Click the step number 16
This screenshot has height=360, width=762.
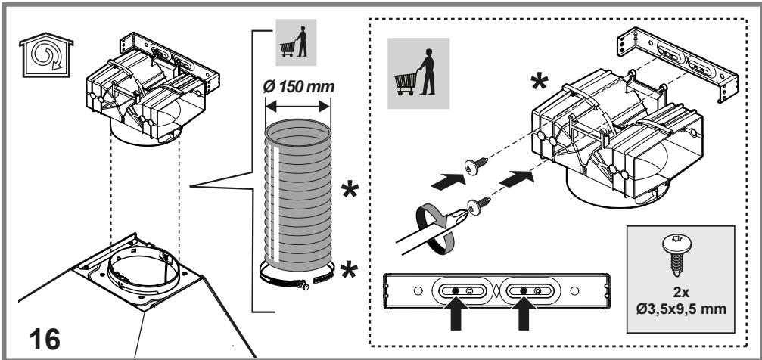tap(45, 339)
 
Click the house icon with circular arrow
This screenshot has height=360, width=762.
tap(46, 55)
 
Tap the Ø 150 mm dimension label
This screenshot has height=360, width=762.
tap(298, 87)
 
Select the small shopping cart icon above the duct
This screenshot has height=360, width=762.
tap(295, 42)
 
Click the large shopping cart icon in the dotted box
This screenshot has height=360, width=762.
tap(418, 73)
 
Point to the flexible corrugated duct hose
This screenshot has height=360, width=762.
tap(298, 194)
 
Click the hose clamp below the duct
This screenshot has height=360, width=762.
tap(297, 276)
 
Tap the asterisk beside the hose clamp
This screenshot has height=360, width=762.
tap(349, 270)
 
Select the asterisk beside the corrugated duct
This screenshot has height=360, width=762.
tap(350, 190)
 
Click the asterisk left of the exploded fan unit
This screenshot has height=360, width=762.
tap(539, 82)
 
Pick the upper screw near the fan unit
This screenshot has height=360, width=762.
tap(477, 165)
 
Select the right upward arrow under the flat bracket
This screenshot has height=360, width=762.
tap(524, 312)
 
